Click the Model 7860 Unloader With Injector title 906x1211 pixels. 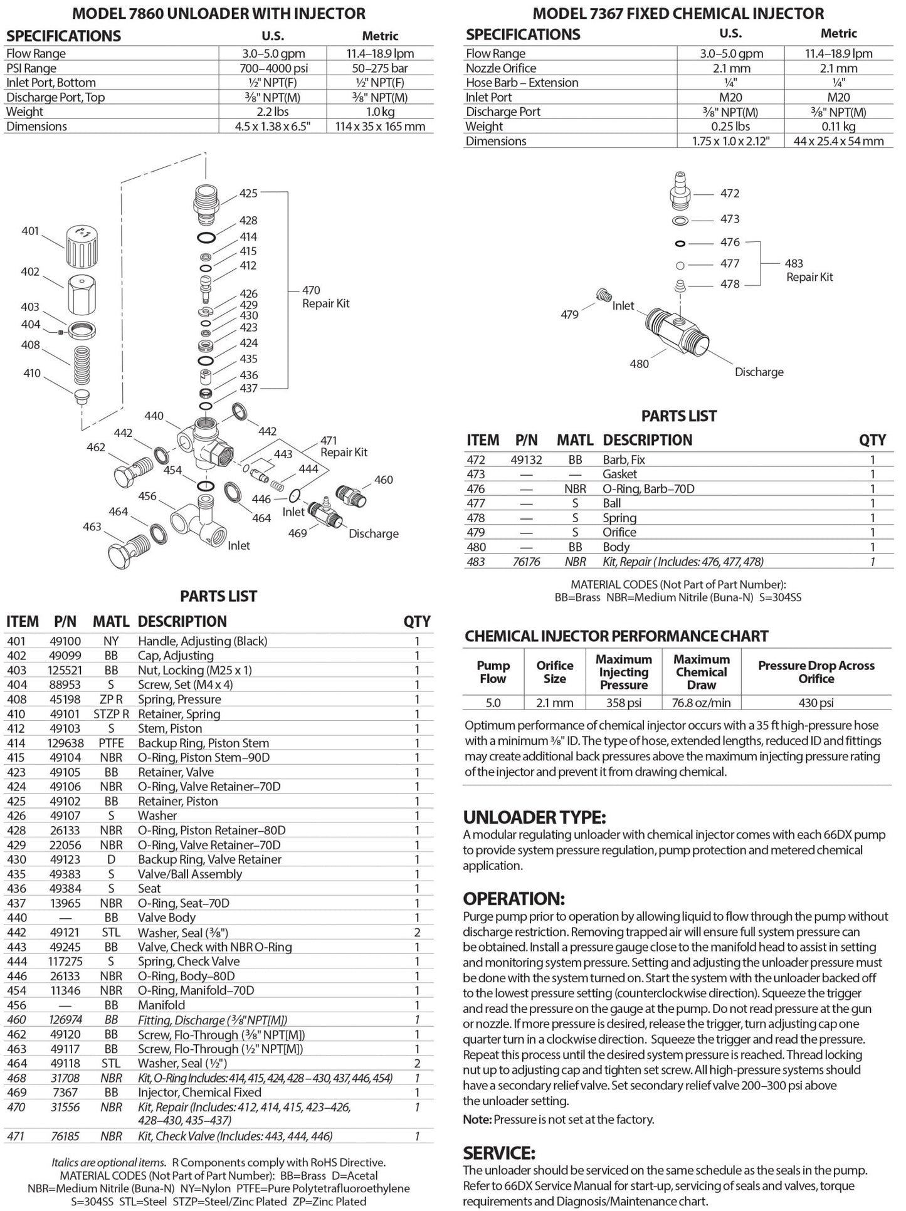(219, 13)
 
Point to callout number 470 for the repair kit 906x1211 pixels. (311, 290)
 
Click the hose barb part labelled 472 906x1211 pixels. (679, 192)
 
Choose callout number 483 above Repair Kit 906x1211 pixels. (793, 263)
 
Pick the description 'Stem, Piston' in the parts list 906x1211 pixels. (170, 728)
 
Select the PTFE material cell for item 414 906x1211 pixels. (111, 743)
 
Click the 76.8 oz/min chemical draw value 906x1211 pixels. (701, 703)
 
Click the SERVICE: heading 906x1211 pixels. (499, 1153)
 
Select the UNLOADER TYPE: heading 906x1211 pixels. (534, 817)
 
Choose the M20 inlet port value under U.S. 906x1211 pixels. (730, 97)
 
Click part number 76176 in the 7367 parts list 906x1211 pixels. (526, 562)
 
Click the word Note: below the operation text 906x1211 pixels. (477, 1119)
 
